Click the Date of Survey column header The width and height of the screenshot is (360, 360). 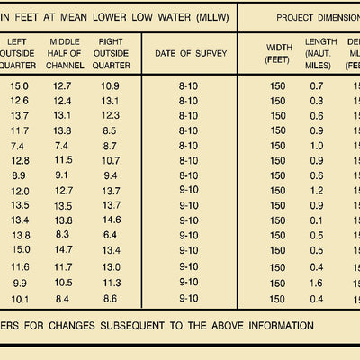[x=191, y=53]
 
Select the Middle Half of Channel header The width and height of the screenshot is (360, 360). [x=65, y=53]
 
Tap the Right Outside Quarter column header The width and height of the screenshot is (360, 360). [x=111, y=53]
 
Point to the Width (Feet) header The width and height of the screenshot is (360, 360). [x=279, y=53]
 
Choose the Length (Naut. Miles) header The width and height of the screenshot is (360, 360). [x=320, y=53]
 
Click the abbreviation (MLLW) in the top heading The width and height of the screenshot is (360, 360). [x=212, y=17]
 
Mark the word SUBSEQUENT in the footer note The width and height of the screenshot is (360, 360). [x=132, y=326]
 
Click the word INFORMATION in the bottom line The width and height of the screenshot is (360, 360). [x=281, y=326]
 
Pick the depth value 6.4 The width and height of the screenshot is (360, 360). [x=110, y=235]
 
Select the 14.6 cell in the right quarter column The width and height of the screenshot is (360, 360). [x=112, y=220]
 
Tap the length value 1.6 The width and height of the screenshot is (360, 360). [x=316, y=283]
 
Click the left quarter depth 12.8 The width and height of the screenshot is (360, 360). [x=21, y=161]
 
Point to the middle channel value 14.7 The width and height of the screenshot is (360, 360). [x=63, y=249]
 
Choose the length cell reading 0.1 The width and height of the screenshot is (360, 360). [x=316, y=220]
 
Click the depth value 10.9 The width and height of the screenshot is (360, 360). [x=110, y=86]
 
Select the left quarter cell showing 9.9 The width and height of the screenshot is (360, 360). [x=20, y=283]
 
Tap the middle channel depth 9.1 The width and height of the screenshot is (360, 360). [x=61, y=175]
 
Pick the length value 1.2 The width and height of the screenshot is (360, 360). [x=317, y=191]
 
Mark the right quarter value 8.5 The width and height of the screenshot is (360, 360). [x=110, y=130]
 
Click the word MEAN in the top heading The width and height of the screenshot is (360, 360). [x=74, y=17]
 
